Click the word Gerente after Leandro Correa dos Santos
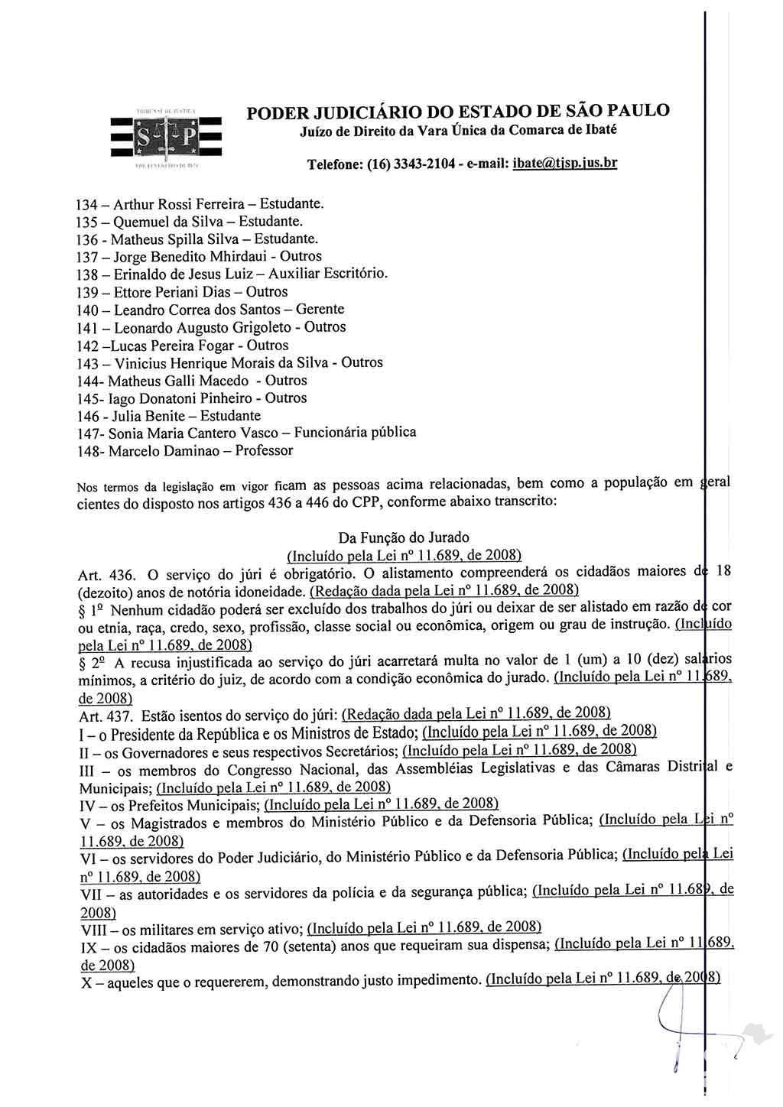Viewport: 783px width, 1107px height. [318, 310]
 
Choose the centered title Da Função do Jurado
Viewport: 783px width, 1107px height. [403, 537]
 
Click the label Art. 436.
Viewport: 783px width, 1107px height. [106, 574]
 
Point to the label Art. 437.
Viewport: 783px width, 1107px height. [106, 716]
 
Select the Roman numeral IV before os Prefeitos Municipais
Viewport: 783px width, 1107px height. [89, 805]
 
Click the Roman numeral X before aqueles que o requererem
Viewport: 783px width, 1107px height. [86, 982]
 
